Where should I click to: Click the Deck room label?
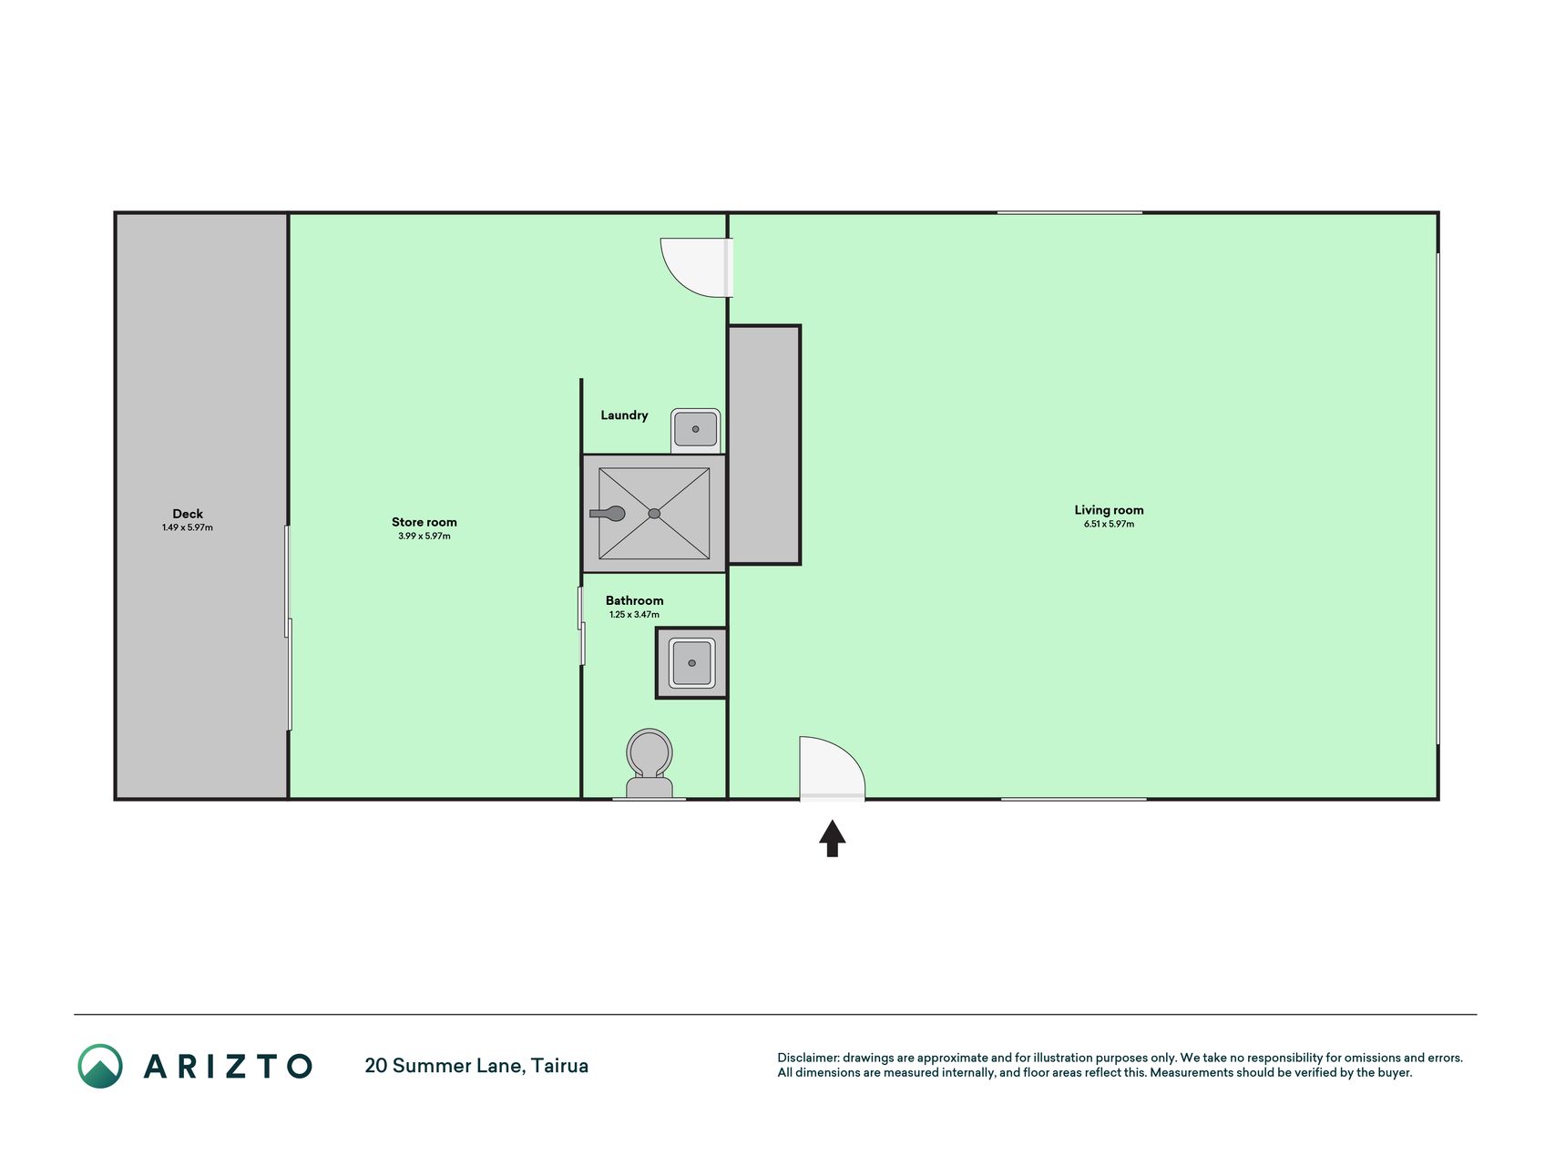pos(188,514)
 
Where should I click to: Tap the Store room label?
pos(425,522)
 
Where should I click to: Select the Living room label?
pos(1109,510)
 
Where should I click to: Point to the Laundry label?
pos(624,415)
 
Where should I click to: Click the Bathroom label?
pos(635,600)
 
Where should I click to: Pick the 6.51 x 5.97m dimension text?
pos(1109,524)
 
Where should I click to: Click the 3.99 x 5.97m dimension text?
pos(425,536)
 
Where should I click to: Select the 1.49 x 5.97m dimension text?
pos(188,527)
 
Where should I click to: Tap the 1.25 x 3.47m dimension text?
pos(635,615)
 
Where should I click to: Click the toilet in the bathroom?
pos(650,763)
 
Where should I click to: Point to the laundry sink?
pos(696,429)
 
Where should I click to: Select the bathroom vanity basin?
pos(692,663)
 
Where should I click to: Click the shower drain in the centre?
pos(654,514)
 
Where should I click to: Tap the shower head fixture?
pos(609,514)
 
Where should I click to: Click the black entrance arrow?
pos(832,838)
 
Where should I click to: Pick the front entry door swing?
pos(832,768)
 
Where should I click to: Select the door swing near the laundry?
pos(697,268)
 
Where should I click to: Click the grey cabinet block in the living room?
pos(764,445)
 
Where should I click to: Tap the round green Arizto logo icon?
pos(100,1066)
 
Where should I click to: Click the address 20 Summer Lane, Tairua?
pos(476,1066)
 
